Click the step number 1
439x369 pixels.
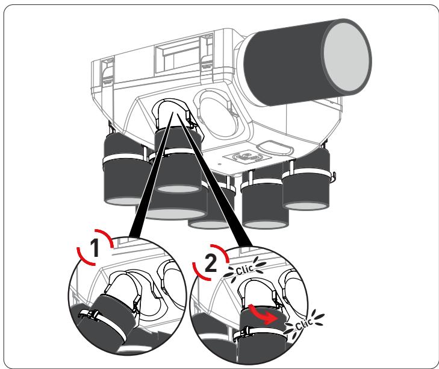(x=95, y=248)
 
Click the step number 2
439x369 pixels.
(x=211, y=263)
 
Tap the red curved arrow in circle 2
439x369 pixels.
(x=263, y=314)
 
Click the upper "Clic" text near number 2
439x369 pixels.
(x=244, y=270)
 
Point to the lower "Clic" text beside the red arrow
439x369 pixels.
(x=304, y=324)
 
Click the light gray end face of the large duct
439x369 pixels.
(x=346, y=57)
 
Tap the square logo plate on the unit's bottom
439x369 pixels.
(x=248, y=157)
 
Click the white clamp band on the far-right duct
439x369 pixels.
(x=307, y=172)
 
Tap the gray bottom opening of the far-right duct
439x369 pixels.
(x=307, y=206)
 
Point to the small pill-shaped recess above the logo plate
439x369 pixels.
(x=274, y=148)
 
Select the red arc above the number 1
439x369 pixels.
(x=104, y=238)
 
